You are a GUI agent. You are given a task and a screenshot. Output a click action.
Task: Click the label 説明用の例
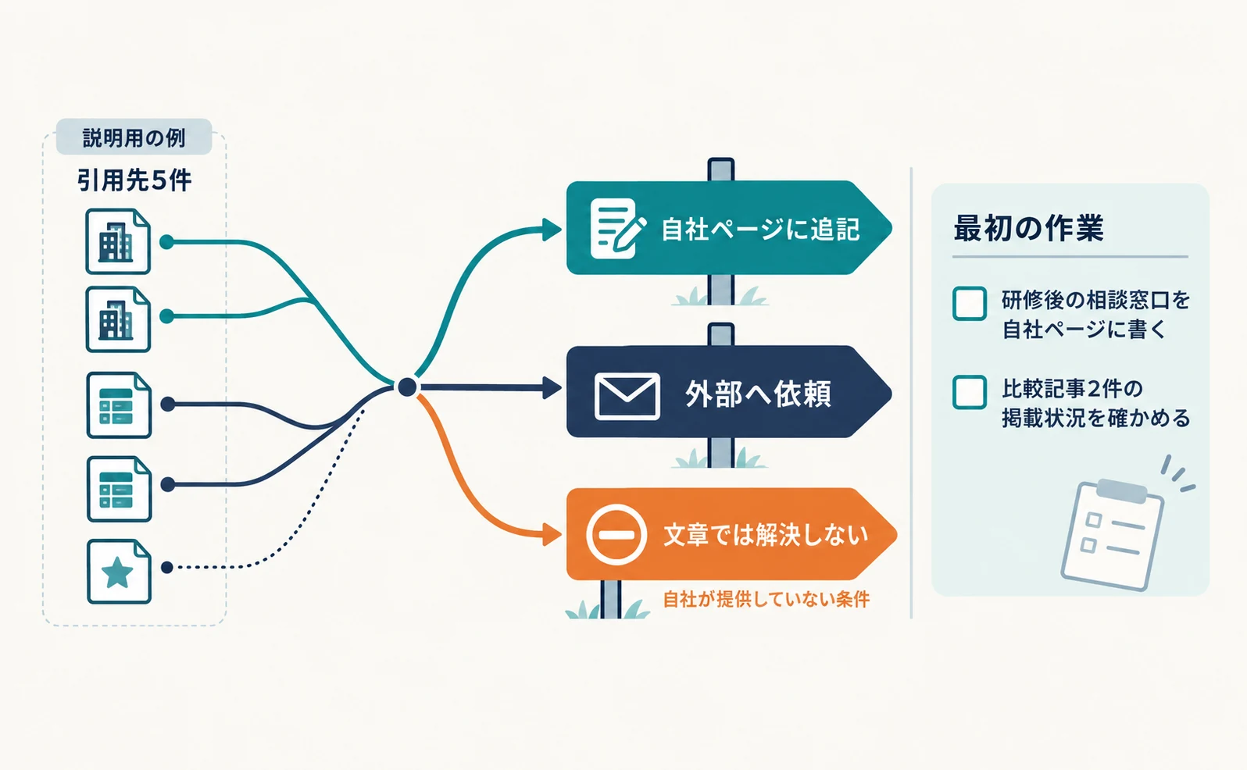(134, 137)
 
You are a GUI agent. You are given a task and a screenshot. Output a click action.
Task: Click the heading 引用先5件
(134, 180)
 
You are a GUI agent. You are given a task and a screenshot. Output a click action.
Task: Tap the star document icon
(119, 572)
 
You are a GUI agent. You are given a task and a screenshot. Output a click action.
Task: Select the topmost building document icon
(118, 241)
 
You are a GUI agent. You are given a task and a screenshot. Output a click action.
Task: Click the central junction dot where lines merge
(407, 387)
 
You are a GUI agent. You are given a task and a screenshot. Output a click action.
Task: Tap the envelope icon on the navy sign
(627, 396)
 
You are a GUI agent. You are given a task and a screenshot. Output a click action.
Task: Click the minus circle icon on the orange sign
(616, 535)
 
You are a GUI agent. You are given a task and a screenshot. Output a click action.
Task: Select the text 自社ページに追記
(760, 230)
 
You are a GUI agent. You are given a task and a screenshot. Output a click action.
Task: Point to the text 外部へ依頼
(758, 394)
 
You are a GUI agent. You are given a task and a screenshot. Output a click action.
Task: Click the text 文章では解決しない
(766, 535)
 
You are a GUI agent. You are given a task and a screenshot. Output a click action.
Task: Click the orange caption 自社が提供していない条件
(766, 599)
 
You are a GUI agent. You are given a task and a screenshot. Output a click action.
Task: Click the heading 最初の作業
(1028, 228)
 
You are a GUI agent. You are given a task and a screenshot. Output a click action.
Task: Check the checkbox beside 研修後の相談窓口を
(969, 303)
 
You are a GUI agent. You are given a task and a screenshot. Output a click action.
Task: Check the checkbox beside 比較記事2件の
(969, 392)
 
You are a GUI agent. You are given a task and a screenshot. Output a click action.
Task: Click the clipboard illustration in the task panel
(1113, 534)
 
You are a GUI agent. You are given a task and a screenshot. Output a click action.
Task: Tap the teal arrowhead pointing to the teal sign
(552, 230)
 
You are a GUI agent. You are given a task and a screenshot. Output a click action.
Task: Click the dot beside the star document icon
(167, 568)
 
